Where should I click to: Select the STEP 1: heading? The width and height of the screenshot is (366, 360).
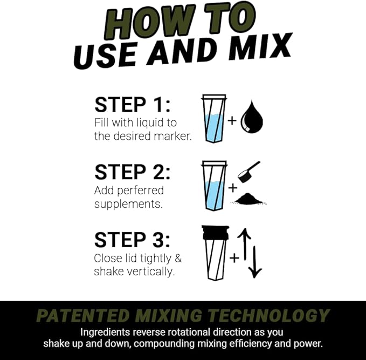(x=132, y=104)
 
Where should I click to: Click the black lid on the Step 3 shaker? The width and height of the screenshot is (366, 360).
(x=215, y=232)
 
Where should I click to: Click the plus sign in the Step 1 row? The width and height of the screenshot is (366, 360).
(x=232, y=120)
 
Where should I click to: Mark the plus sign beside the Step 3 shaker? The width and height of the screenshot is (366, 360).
(x=233, y=258)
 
